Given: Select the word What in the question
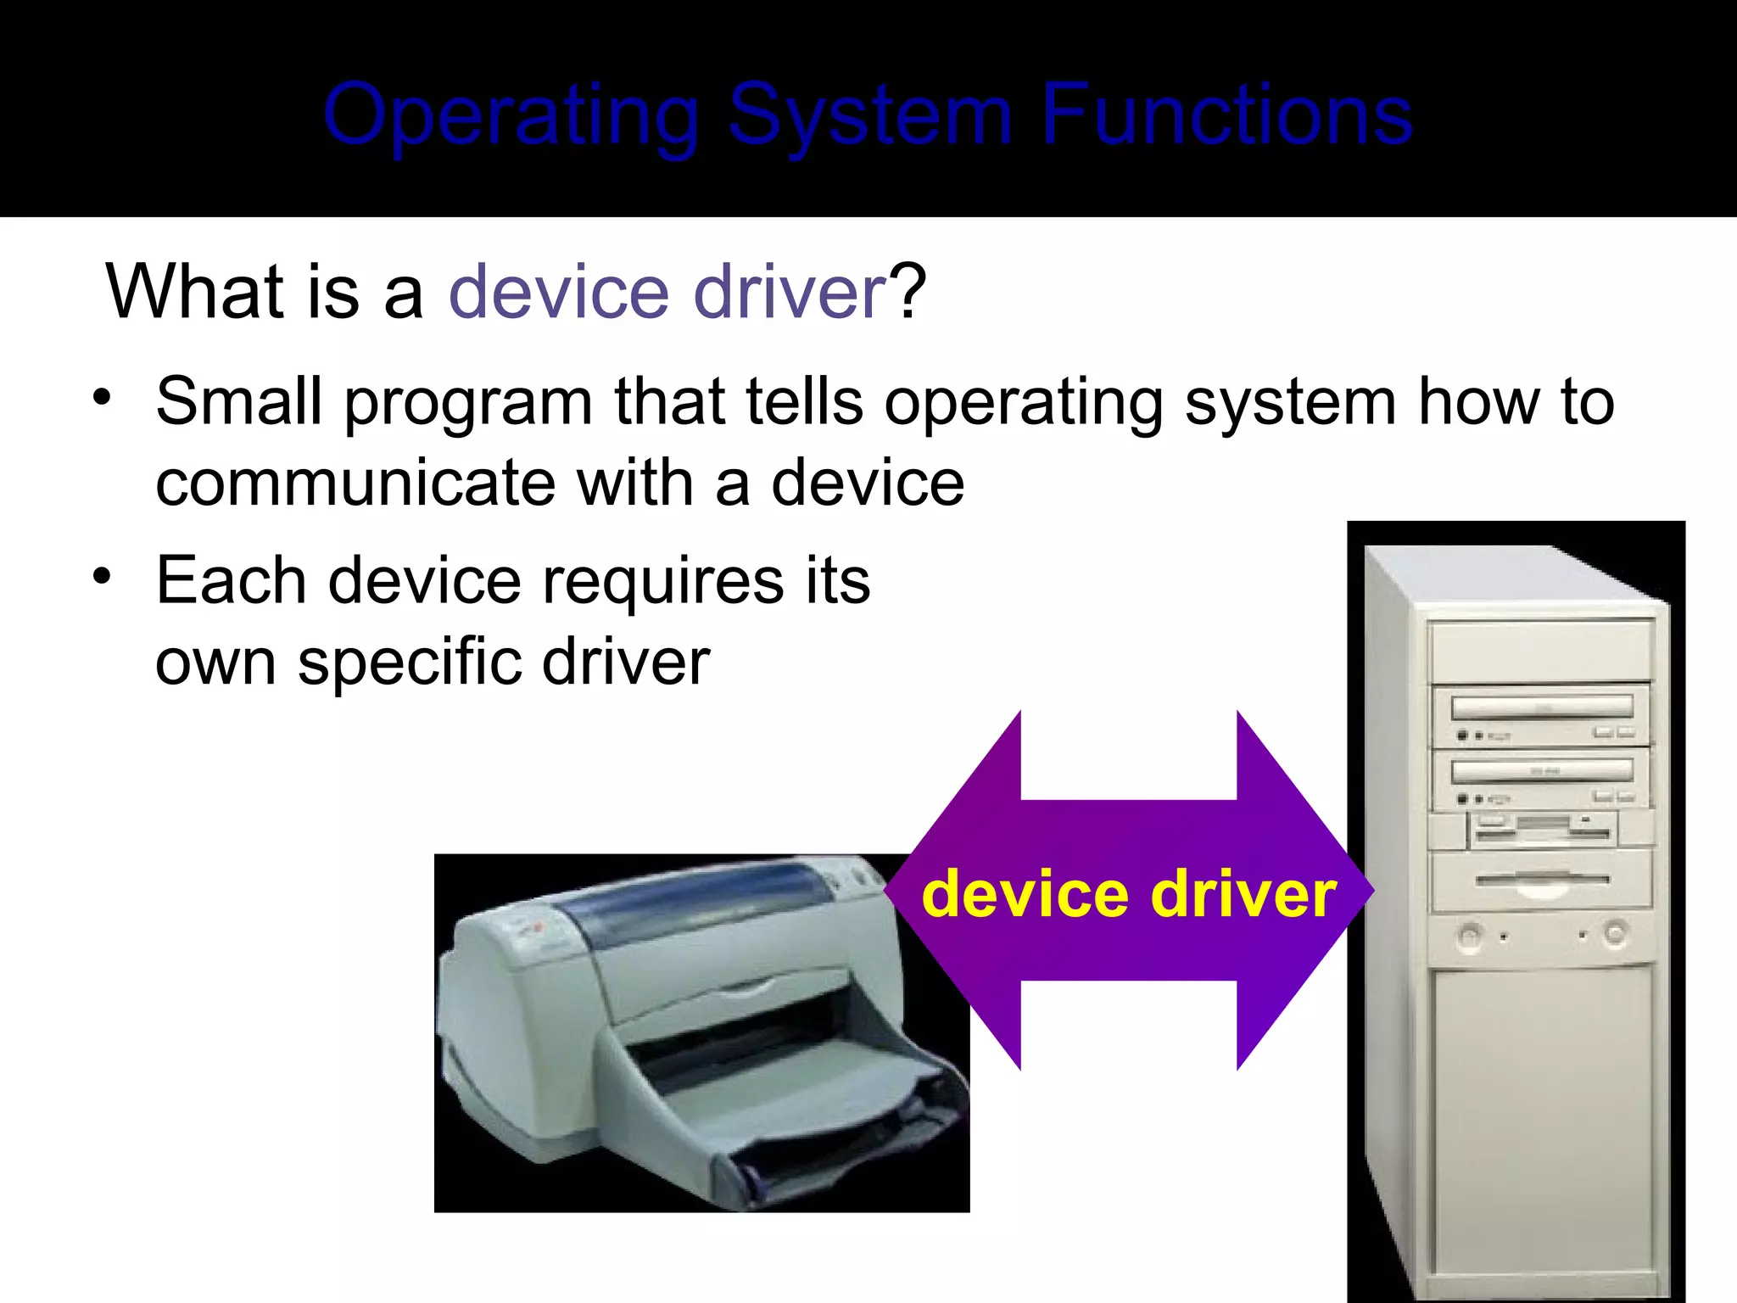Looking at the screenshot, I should click(194, 292).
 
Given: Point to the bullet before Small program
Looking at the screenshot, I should click(103, 397).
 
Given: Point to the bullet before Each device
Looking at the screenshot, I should click(103, 577).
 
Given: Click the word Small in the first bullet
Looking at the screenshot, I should click(238, 401).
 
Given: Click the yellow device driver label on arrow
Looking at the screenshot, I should click(1128, 894).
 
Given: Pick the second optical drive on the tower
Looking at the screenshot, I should click(1541, 772).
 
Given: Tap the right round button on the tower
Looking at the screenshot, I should click(1615, 934).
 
